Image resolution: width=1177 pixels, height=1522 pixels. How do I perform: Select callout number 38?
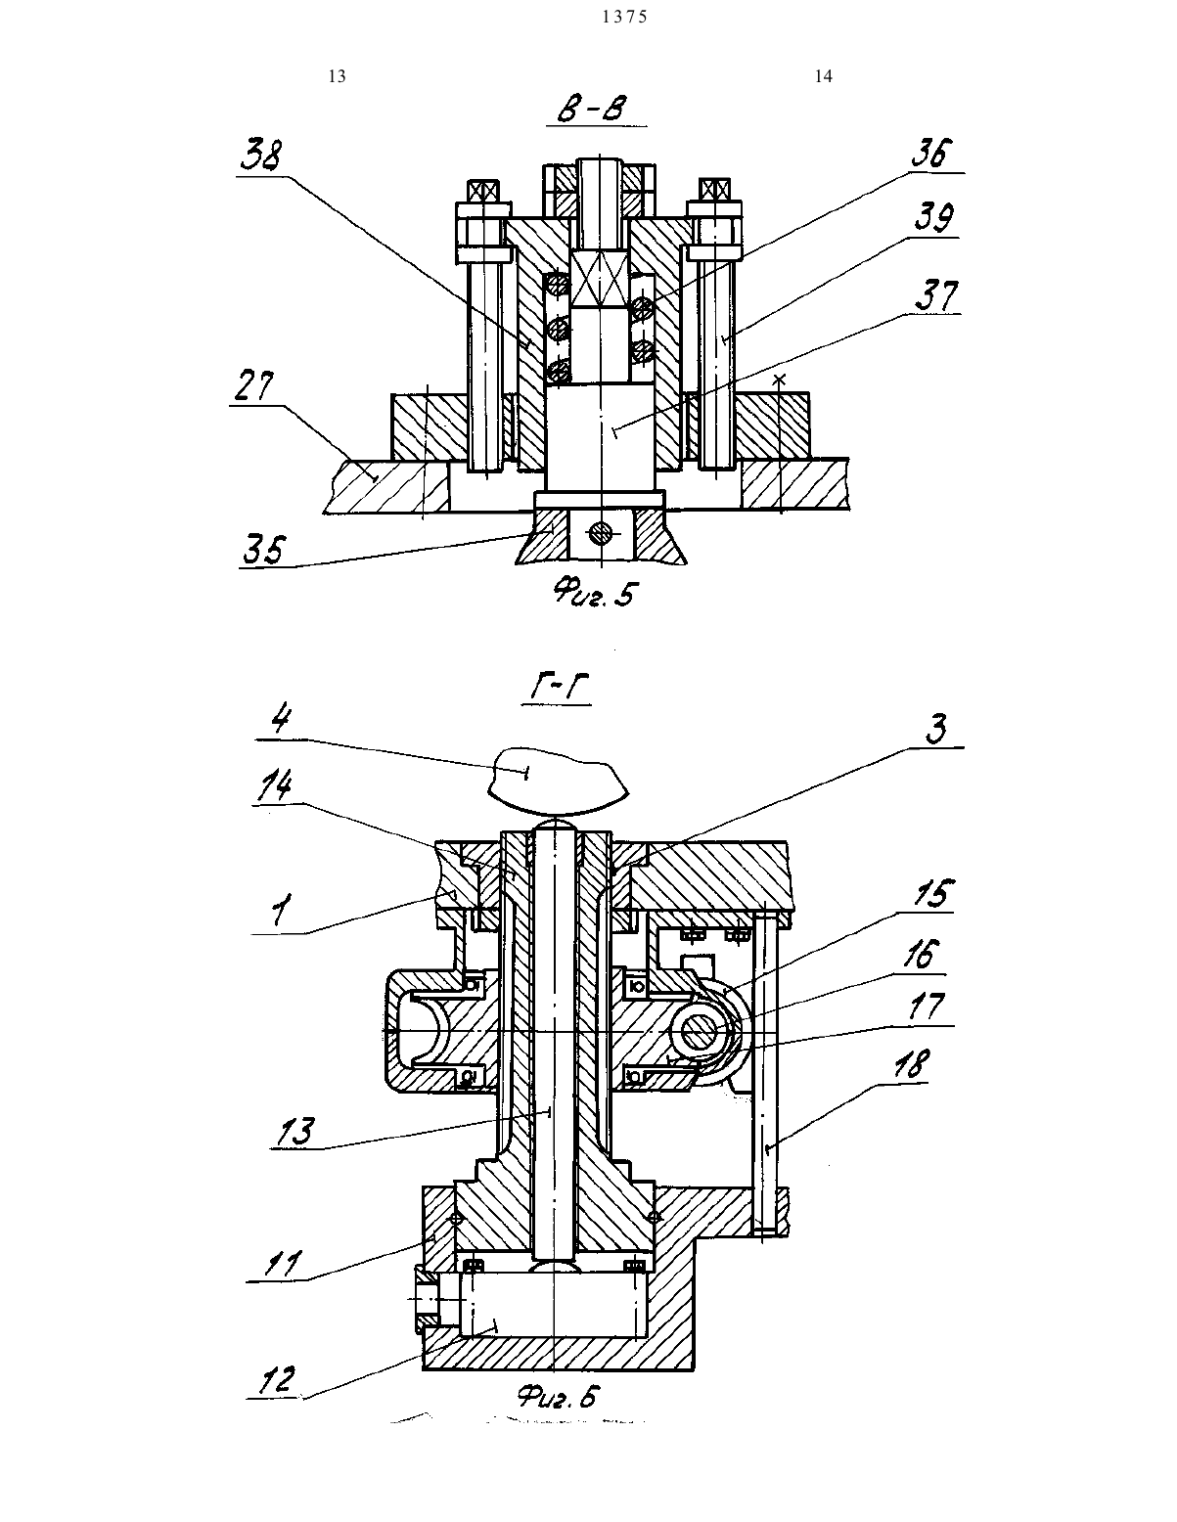260,156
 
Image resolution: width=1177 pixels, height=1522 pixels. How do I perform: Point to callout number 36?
932,153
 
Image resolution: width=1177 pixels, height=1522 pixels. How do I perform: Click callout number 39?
934,218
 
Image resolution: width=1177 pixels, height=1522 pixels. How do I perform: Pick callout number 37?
936,295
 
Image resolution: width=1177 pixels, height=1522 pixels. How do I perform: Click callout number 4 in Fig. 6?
280,720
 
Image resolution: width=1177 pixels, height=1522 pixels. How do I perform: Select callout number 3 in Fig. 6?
936,728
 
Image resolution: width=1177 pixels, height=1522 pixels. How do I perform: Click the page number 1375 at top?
625,17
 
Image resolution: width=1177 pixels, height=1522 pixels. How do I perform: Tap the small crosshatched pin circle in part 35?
600,534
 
